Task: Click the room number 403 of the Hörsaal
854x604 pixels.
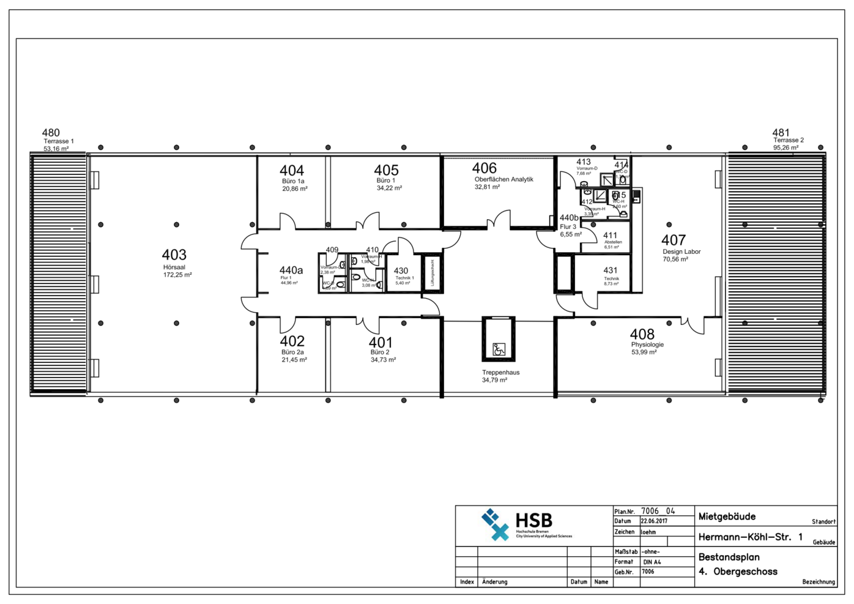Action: [x=174, y=255]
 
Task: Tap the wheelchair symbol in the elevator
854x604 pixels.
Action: [x=499, y=349]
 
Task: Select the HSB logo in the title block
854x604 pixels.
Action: [x=517, y=525]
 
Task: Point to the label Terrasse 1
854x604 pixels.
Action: [x=59, y=141]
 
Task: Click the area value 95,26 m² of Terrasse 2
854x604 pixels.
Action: [x=785, y=147]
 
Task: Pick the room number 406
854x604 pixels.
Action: [x=484, y=168]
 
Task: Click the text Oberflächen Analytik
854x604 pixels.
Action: [x=504, y=179]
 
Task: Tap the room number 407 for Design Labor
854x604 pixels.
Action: [x=673, y=240]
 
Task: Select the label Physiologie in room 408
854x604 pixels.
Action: [x=647, y=345]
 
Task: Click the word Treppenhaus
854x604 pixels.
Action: [x=500, y=373]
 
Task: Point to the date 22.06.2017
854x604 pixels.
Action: [x=654, y=521]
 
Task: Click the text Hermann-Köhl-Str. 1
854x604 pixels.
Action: [x=750, y=537]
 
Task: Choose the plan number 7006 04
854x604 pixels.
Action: [x=658, y=511]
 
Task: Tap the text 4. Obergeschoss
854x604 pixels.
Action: [x=738, y=572]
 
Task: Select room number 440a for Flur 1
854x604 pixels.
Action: [x=291, y=270]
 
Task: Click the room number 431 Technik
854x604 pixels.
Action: [x=610, y=270]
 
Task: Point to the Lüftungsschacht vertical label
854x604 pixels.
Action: [x=433, y=273]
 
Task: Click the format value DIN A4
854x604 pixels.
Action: [x=652, y=562]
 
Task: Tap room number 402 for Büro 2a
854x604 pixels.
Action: [x=292, y=341]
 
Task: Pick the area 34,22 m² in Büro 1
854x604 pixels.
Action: [x=389, y=188]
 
